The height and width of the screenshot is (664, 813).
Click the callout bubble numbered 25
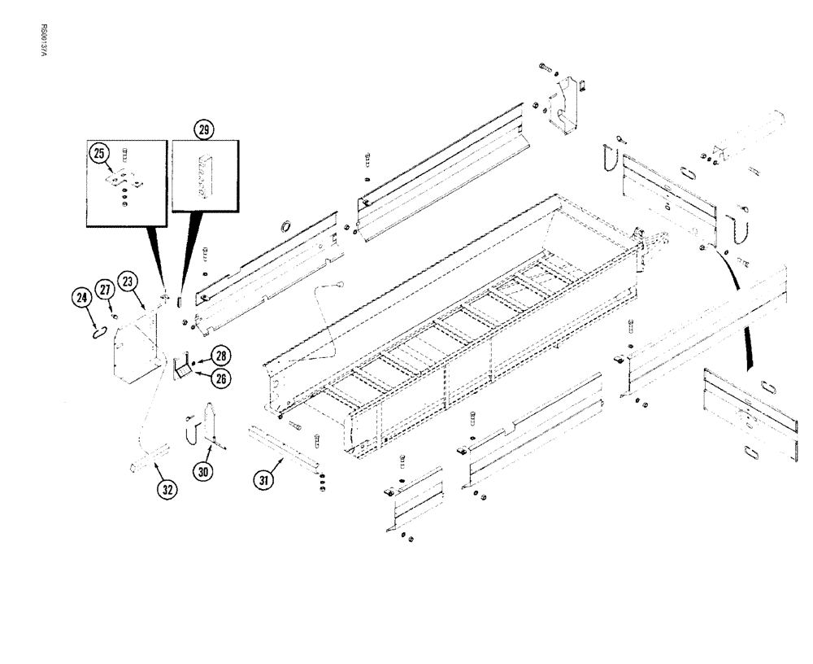coord(101,153)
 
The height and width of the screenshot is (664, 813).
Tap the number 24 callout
coord(83,299)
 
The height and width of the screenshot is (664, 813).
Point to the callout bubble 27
coord(105,290)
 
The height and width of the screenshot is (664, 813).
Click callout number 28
coord(220,355)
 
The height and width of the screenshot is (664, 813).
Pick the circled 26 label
coord(220,377)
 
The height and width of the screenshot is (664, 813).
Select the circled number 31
coord(264,480)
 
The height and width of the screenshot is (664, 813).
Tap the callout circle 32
coord(167,490)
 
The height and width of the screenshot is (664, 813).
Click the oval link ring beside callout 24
coord(98,330)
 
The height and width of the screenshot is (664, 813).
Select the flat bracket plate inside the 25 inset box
coord(124,180)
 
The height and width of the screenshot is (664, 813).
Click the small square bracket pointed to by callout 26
coord(183,369)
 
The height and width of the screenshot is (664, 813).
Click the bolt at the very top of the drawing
coord(545,68)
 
